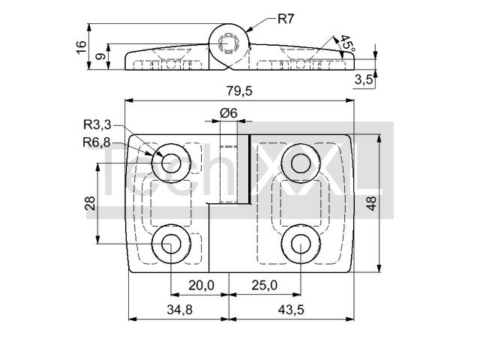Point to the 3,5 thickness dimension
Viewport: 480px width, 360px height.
pos(364,80)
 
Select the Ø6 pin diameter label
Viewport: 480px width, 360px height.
pos(229,112)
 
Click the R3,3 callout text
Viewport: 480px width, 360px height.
pos(97,125)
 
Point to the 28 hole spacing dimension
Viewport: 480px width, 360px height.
pos(90,202)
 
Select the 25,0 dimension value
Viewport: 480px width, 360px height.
pos(264,285)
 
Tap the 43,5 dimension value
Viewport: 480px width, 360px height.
pos(291,310)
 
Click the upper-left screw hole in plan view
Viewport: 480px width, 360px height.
pos(171,162)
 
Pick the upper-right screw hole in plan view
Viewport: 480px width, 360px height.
pos(301,162)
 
